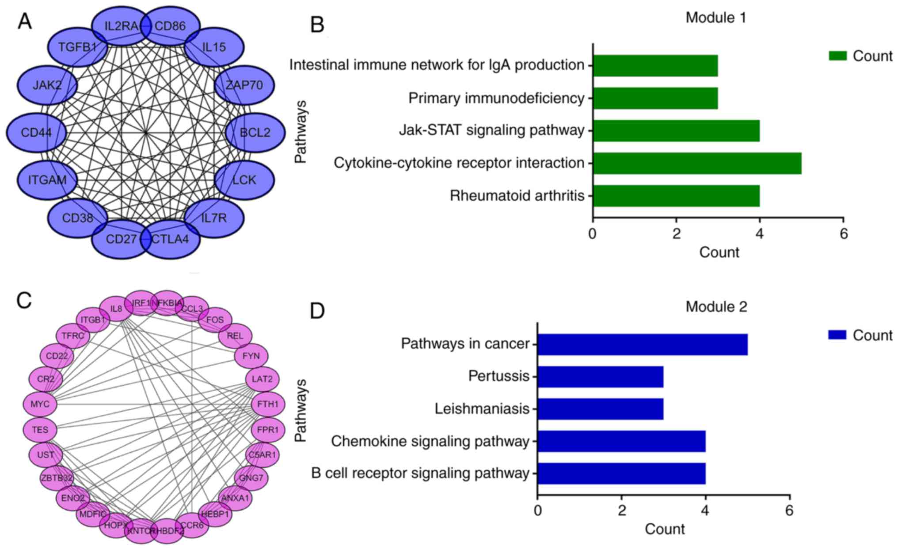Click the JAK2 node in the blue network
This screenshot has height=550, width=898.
pyautogui.click(x=47, y=85)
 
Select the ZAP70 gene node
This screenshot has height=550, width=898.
pyautogui.click(x=244, y=85)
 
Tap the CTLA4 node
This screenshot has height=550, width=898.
pyautogui.click(x=171, y=239)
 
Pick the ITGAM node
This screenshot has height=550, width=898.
pyautogui.click(x=47, y=180)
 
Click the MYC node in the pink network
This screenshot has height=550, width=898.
pyautogui.click(x=40, y=404)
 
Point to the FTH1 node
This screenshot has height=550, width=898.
pyautogui.click(x=268, y=404)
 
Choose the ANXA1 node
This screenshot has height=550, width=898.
pyautogui.click(x=236, y=498)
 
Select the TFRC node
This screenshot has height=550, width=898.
pyautogui.click(x=73, y=336)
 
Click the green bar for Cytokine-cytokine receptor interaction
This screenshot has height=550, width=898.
pyautogui.click(x=697, y=163)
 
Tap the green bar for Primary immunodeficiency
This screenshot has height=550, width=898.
pyautogui.click(x=655, y=98)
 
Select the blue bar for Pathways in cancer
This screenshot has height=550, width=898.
pyautogui.click(x=642, y=344)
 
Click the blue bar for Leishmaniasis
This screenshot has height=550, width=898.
pyautogui.click(x=600, y=409)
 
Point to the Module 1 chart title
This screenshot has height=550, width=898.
pyautogui.click(x=715, y=18)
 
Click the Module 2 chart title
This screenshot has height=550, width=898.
pyautogui.click(x=716, y=306)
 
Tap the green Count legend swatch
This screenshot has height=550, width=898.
pyautogui.click(x=837, y=56)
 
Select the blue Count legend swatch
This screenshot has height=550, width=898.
pyautogui.click(x=837, y=335)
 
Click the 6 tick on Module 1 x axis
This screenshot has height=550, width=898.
pyautogui.click(x=844, y=234)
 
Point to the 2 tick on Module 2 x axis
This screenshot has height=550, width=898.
pyautogui.click(x=622, y=511)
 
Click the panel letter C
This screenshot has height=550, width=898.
pyautogui.click(x=24, y=301)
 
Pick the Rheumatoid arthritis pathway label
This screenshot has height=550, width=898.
pyautogui.click(x=517, y=195)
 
